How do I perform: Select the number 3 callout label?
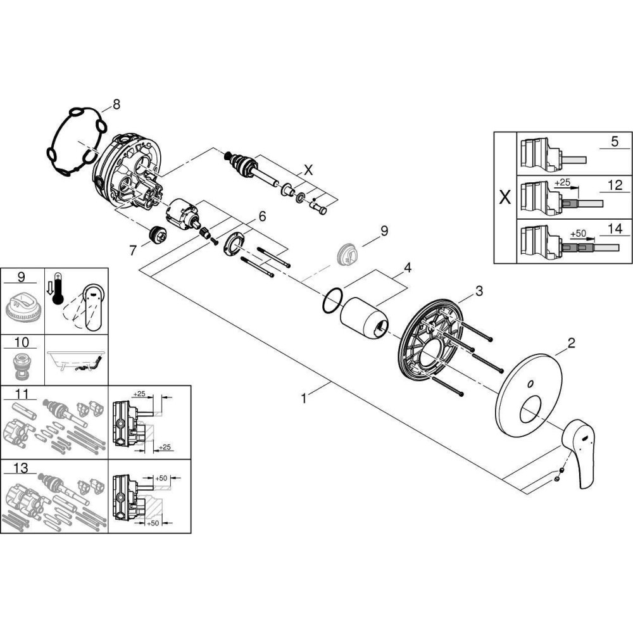point(479,291)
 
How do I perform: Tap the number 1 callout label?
point(304,398)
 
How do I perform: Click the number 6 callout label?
point(261,216)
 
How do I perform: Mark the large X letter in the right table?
point(505,197)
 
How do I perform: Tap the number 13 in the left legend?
point(21,468)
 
